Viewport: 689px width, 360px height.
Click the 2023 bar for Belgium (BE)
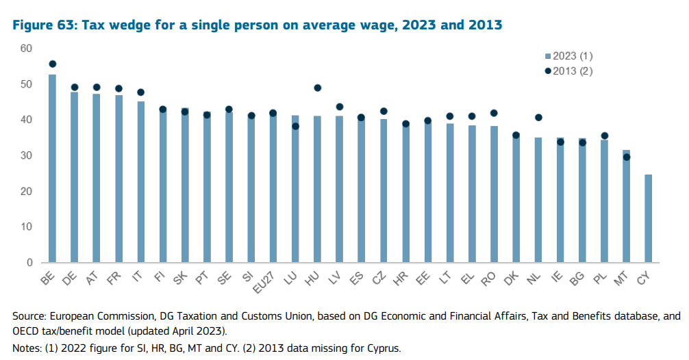point(52,168)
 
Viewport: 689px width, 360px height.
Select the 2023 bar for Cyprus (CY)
point(648,218)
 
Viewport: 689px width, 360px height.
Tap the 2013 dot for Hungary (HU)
point(317,88)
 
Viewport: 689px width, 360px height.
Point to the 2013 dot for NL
point(538,117)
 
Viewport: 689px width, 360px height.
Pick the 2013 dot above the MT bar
point(626,157)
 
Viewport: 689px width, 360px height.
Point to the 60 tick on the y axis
point(27,49)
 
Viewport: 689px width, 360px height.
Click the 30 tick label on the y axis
point(27,155)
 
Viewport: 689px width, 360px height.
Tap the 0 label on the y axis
point(29,263)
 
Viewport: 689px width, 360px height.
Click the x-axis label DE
point(71,278)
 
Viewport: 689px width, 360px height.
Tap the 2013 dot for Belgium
point(52,64)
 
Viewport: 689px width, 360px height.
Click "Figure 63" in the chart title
point(42,25)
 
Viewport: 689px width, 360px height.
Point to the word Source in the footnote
point(28,316)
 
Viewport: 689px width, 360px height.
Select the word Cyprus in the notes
point(382,348)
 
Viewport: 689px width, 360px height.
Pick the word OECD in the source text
point(24,332)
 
